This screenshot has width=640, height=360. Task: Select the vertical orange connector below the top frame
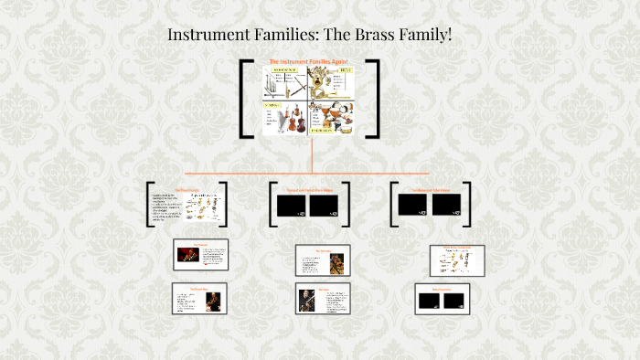tap(312, 155)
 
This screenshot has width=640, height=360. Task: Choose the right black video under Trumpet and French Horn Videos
tap(324, 206)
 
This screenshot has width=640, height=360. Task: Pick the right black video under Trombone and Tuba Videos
tap(445, 205)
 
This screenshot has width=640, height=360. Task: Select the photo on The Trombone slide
tap(336, 263)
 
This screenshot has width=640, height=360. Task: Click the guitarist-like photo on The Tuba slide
tap(307, 301)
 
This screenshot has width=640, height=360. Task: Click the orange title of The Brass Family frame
tap(187, 190)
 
